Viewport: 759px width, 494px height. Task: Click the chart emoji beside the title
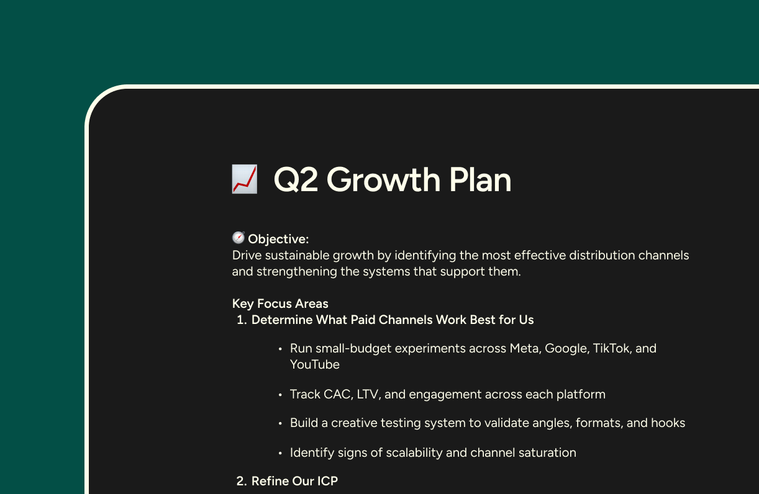(244, 179)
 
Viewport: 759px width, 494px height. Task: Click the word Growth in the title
(383, 180)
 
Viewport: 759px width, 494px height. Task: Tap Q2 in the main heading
(296, 180)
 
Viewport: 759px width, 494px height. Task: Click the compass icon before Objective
(239, 238)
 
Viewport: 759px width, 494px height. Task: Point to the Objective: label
(278, 239)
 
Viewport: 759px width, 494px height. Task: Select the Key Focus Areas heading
(280, 303)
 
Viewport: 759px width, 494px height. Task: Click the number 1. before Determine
(242, 320)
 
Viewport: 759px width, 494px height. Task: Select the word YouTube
(314, 364)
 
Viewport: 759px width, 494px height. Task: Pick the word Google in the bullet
(566, 348)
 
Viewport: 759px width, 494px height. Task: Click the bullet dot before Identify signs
(280, 453)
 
